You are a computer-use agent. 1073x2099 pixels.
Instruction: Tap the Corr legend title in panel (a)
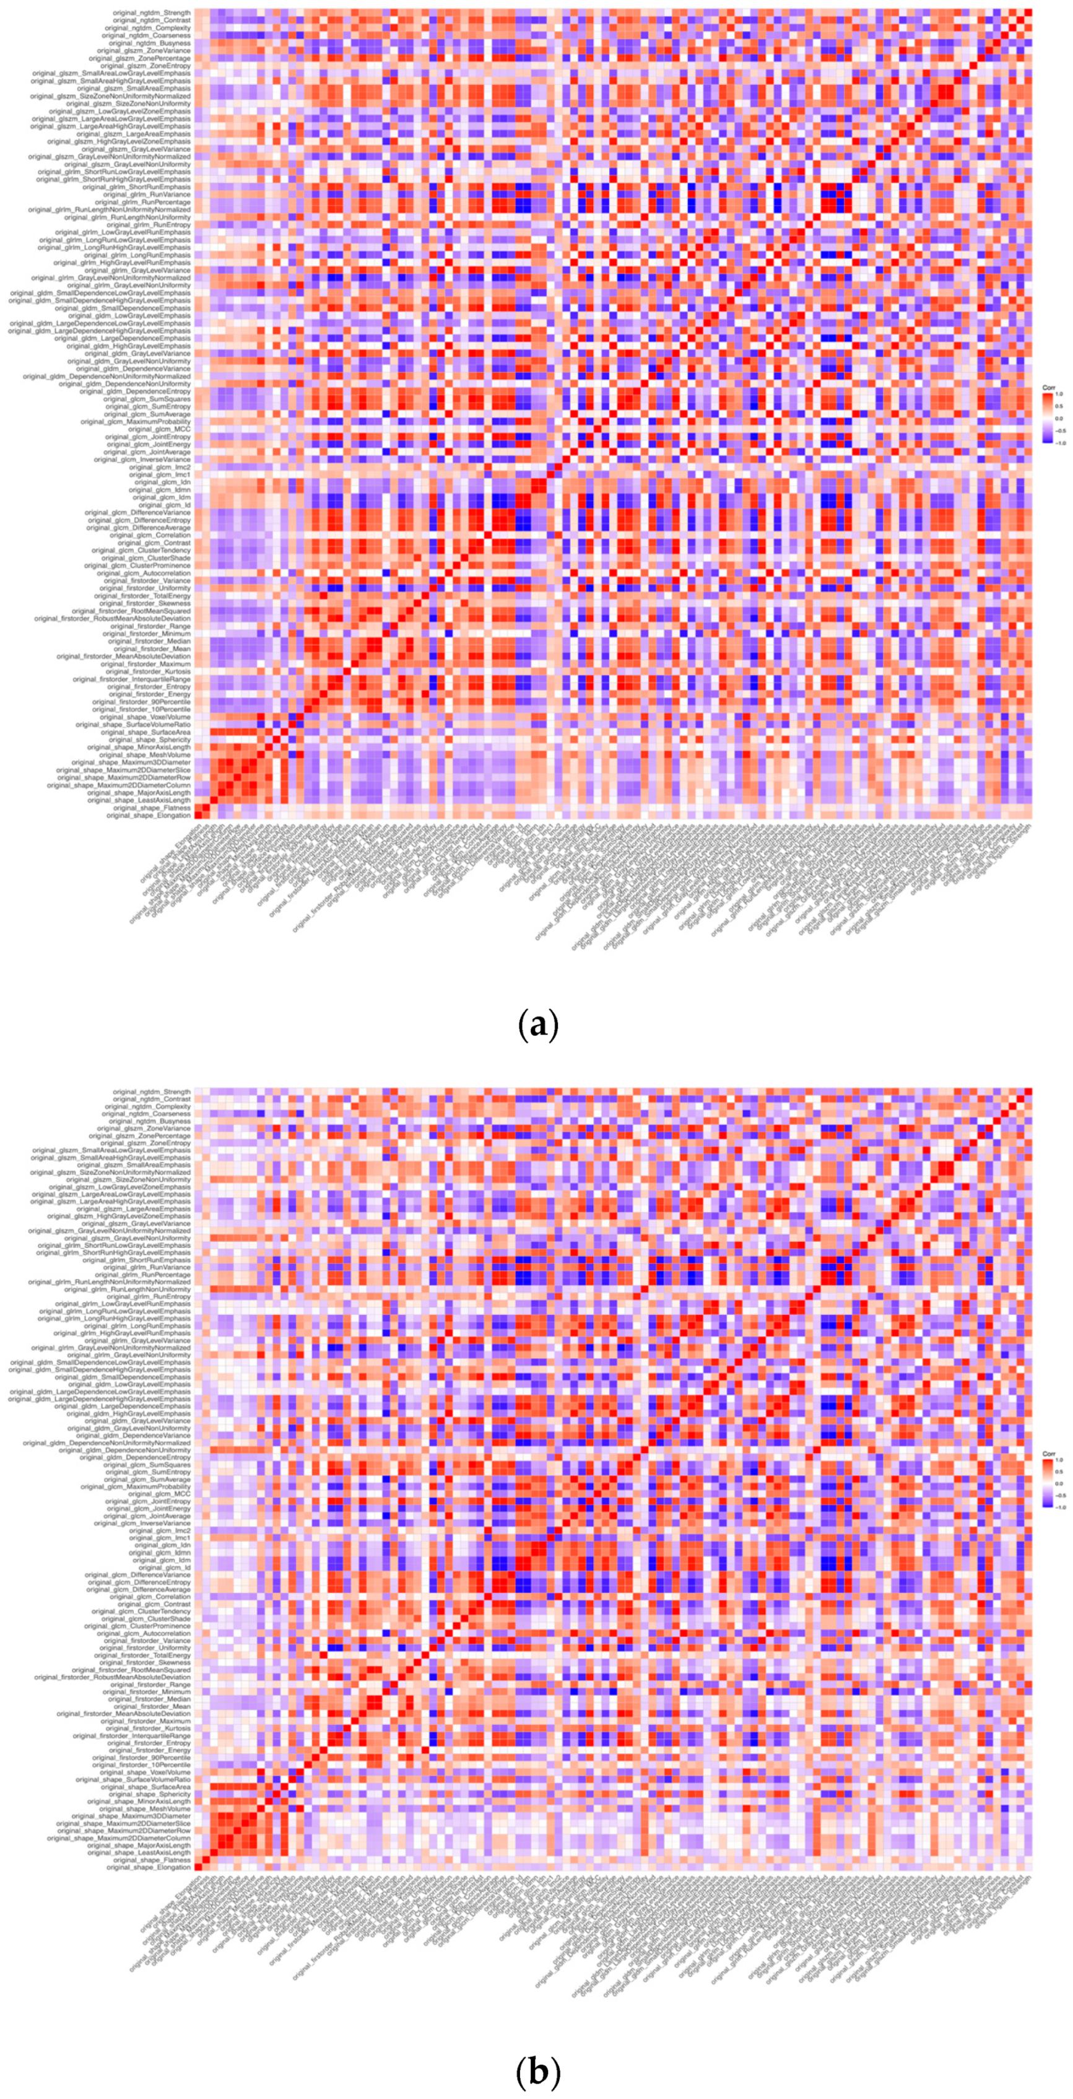(1049, 387)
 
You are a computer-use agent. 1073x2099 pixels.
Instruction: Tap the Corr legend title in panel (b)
(1049, 1454)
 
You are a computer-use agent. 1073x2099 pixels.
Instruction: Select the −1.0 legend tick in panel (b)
(1059, 1508)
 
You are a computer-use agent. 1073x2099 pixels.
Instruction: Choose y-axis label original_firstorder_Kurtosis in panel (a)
(149, 671)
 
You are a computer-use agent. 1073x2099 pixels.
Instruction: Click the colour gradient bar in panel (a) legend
(1046, 419)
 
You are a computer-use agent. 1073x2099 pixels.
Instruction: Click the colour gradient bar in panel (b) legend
(1046, 1485)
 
